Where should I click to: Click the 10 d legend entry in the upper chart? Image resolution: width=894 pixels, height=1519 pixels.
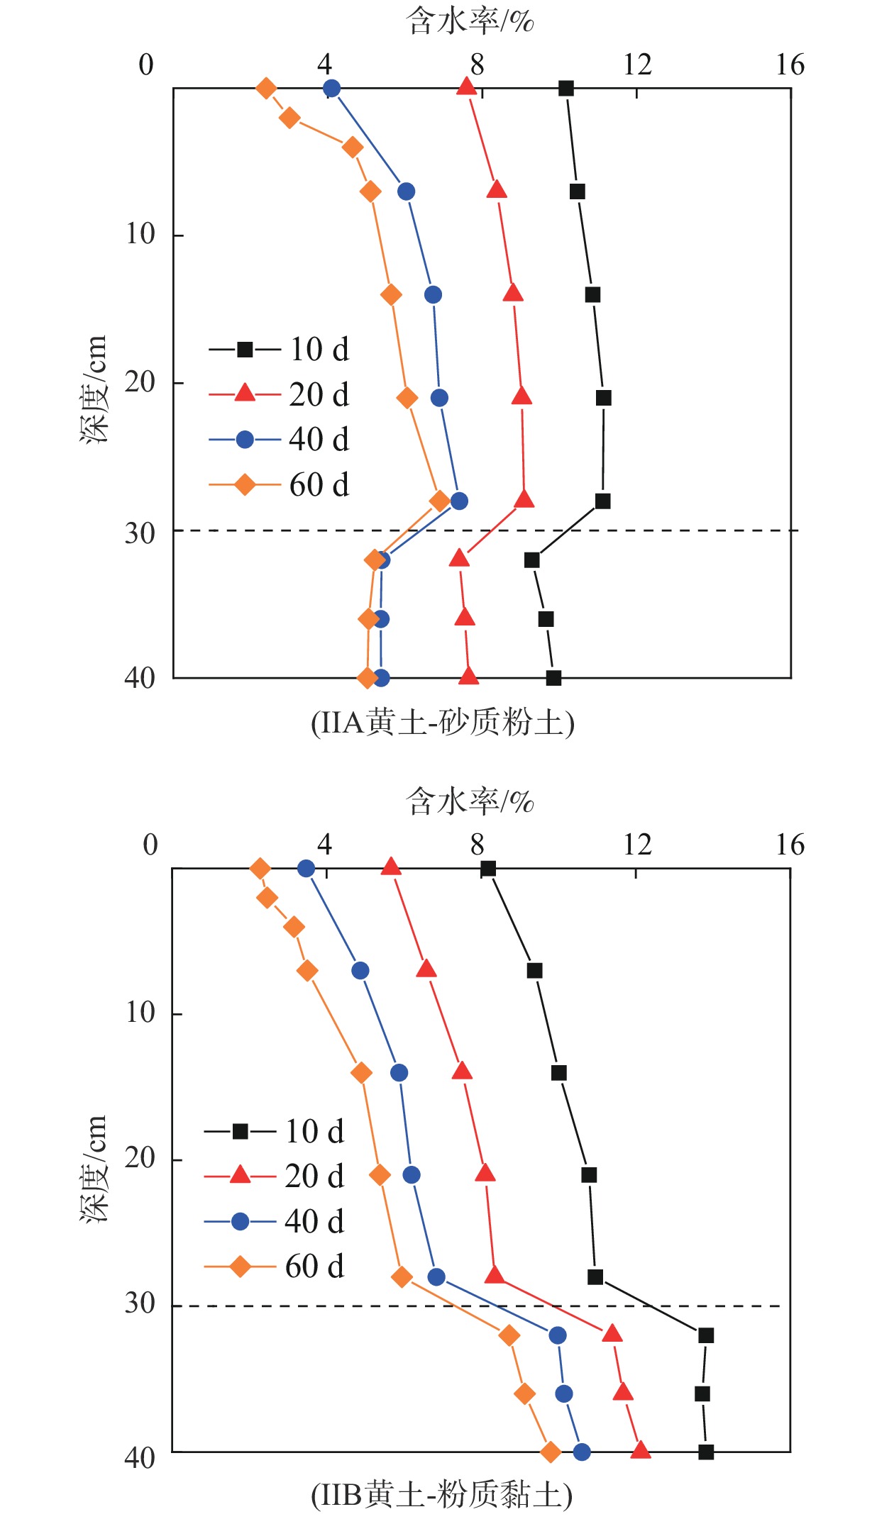click(280, 349)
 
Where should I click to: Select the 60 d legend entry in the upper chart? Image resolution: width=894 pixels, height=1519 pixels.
click(280, 485)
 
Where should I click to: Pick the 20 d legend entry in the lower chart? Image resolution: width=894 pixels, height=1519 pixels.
click(275, 1176)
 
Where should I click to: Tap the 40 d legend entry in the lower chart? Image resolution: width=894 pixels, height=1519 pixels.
click(275, 1221)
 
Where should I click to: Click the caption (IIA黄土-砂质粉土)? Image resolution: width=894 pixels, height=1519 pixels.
click(443, 723)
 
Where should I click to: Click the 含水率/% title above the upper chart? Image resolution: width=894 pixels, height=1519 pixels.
click(470, 21)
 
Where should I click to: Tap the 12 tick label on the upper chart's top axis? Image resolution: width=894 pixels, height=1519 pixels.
click(637, 65)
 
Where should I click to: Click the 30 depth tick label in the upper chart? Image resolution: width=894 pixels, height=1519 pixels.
click(140, 533)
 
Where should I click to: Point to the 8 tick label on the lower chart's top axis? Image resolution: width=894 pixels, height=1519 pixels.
click(477, 845)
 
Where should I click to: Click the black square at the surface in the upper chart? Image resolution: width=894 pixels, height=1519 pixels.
click(565, 89)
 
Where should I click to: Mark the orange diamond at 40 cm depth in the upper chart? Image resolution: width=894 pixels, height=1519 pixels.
click(367, 678)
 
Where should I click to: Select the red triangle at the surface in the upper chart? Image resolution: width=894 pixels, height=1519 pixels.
click(466, 87)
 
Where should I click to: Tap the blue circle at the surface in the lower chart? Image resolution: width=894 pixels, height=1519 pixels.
click(306, 869)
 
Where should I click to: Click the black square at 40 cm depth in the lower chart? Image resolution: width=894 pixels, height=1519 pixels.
click(705, 1452)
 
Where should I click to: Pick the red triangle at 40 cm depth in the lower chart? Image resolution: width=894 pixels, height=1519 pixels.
click(640, 1451)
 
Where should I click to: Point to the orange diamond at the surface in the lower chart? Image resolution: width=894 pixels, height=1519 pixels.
click(260, 869)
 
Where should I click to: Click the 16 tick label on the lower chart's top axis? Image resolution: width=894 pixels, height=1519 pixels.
click(790, 845)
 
